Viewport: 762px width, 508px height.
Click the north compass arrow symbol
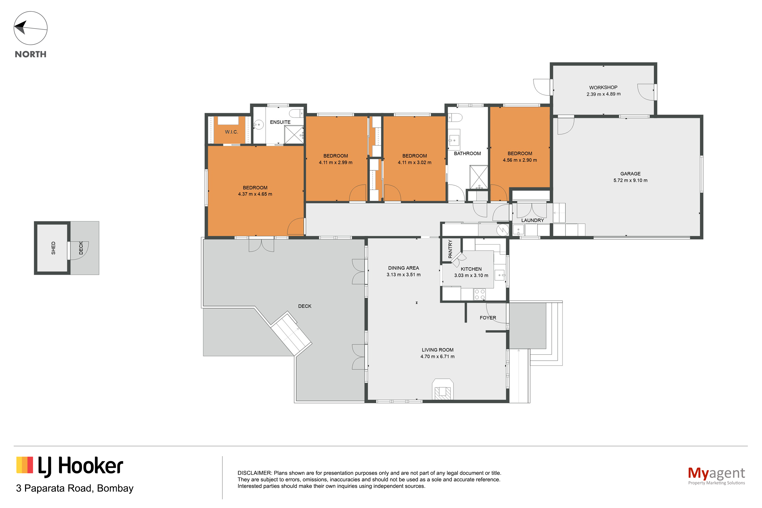coord(30,28)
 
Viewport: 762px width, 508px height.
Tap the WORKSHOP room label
coord(603,88)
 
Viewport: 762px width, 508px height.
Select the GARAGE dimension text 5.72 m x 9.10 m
coord(630,181)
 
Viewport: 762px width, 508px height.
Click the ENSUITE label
coord(280,122)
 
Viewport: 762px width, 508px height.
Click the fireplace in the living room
coord(442,389)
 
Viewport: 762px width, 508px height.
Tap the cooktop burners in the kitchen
coord(480,294)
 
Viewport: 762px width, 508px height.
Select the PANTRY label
coord(450,249)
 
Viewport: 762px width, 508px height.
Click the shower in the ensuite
coord(294,134)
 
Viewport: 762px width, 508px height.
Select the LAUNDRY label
coord(532,220)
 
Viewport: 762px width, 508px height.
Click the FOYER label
coord(488,318)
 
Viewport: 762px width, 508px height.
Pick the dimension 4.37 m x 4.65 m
coord(255,194)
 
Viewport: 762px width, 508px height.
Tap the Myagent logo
coord(716,476)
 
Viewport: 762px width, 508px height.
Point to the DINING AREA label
coord(403,268)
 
